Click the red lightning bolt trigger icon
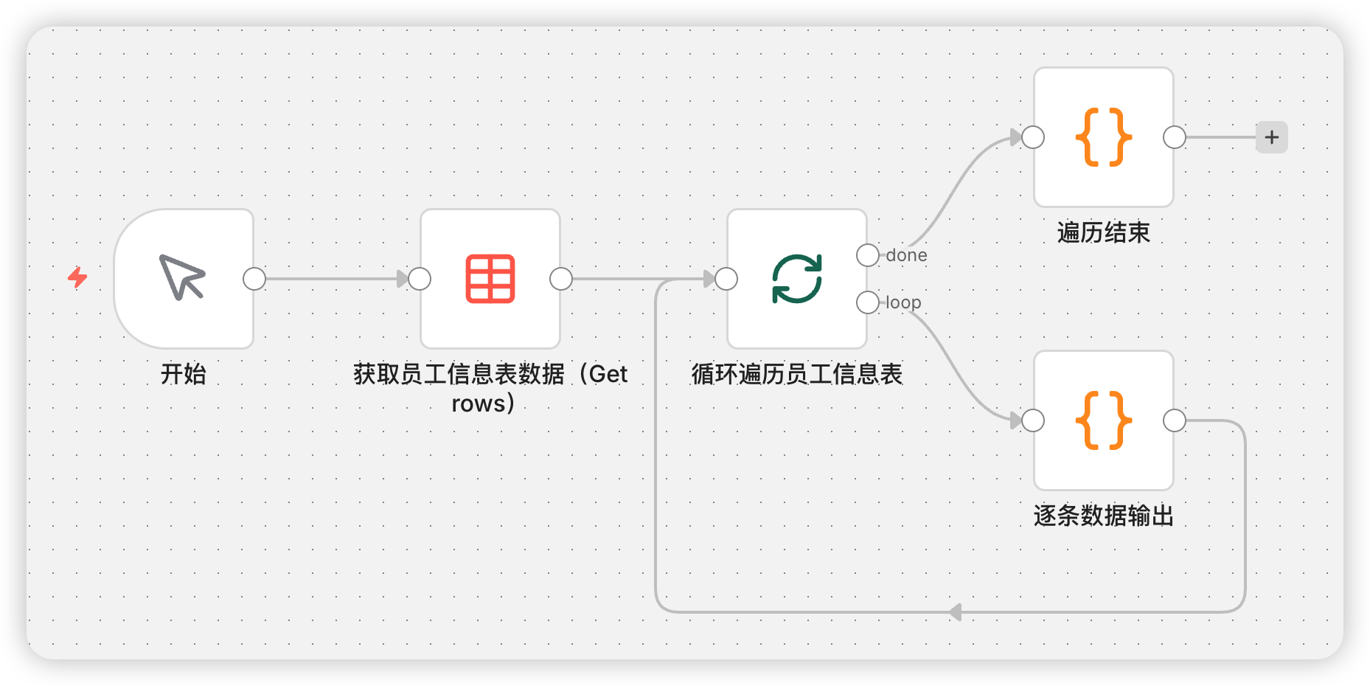click(x=77, y=277)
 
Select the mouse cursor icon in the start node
click(x=182, y=277)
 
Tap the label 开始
click(x=184, y=374)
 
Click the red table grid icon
click(x=490, y=279)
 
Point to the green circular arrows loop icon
click(x=797, y=279)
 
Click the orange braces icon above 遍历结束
click(x=1103, y=137)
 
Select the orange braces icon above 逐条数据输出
click(x=1103, y=420)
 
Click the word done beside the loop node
click(x=906, y=255)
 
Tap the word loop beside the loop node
click(x=903, y=302)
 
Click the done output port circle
click(x=868, y=255)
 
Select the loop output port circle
click(x=868, y=302)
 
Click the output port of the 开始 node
click(x=254, y=279)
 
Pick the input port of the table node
click(x=420, y=279)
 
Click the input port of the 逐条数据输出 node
click(x=1033, y=420)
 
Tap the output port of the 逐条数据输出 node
click(x=1175, y=420)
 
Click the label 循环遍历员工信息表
click(x=796, y=374)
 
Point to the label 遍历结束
click(x=1103, y=232)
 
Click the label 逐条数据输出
click(x=1103, y=516)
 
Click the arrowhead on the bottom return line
click(x=956, y=612)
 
